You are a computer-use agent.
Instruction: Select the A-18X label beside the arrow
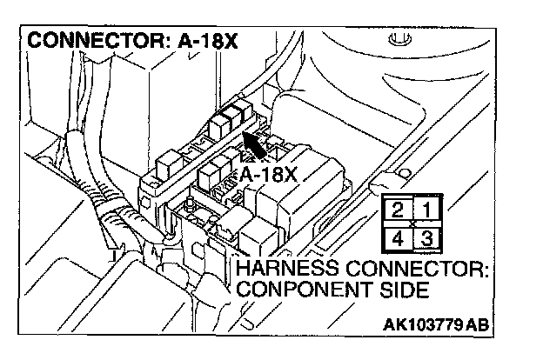[x=269, y=174]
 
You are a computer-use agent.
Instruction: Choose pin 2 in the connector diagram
[x=399, y=210]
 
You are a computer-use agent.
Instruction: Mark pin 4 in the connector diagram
[x=399, y=237]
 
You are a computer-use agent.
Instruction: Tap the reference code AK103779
[x=423, y=326]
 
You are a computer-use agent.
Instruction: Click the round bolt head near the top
[x=400, y=39]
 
